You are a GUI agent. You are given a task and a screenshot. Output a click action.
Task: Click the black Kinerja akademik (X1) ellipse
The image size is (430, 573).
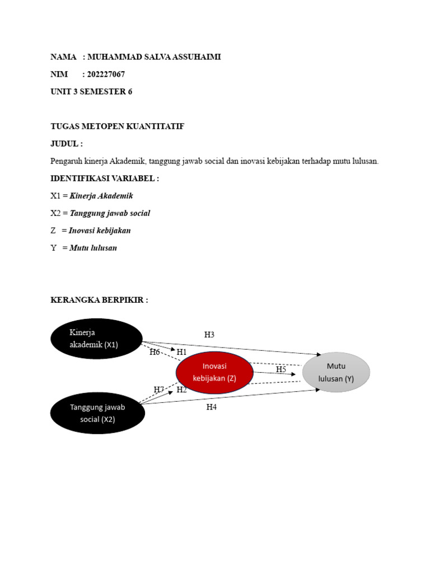pos(96,339)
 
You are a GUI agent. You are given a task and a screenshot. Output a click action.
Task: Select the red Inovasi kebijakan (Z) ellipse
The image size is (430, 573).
pos(214,372)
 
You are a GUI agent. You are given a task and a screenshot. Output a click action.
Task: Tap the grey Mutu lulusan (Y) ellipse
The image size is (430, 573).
pos(336,372)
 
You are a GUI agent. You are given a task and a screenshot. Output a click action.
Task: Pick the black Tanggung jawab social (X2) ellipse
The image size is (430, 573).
pos(98,413)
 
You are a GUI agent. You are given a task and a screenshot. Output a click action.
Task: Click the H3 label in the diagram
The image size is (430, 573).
pos(209,335)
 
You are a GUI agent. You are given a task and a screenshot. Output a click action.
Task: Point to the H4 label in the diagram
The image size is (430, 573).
pos(211,407)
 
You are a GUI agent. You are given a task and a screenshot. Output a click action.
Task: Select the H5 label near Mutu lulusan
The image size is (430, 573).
pos(281,369)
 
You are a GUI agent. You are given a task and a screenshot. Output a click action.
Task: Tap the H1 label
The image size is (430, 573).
pos(181,352)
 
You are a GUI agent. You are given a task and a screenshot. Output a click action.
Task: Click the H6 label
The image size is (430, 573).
pos(155,352)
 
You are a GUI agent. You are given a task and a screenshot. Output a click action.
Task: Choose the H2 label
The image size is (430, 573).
pos(181,390)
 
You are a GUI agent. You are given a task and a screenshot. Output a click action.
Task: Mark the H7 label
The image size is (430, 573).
pos(159,389)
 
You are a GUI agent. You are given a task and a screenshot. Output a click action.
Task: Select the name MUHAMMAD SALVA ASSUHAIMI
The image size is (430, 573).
pos(154,57)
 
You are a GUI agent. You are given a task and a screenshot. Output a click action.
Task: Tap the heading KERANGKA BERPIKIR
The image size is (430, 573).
pos(99,300)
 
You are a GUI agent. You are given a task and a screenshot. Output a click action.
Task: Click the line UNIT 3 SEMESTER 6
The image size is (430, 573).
pos(91,92)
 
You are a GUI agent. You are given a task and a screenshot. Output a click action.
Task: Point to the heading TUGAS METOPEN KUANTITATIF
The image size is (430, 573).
pos(117,126)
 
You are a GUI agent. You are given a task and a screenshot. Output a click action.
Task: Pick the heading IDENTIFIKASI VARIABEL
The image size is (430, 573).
pos(105,179)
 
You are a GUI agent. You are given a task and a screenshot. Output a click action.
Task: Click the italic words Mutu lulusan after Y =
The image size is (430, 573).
pos(93,248)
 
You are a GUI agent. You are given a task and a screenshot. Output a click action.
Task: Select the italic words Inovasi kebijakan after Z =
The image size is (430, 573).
pos(100,231)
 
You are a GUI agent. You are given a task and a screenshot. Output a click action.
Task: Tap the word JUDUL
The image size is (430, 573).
pos(64,144)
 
